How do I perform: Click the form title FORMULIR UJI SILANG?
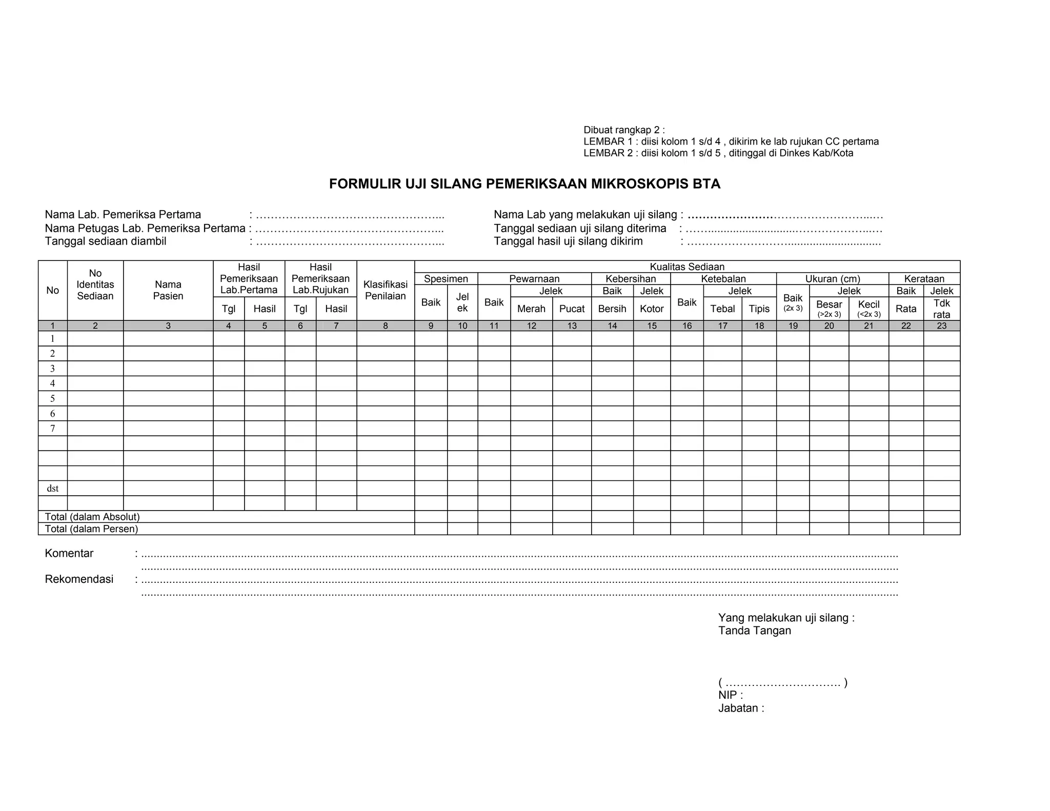(x=524, y=184)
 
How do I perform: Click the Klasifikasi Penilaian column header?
(x=385, y=290)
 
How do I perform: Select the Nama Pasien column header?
(x=168, y=290)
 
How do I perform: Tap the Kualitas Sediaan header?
(x=687, y=267)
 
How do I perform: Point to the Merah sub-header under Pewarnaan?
(x=531, y=309)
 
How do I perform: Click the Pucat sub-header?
(x=572, y=309)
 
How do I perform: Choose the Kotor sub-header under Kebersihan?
(x=652, y=309)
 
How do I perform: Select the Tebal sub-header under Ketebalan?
(x=722, y=309)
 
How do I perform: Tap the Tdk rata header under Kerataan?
(x=942, y=309)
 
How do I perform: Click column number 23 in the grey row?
(x=942, y=326)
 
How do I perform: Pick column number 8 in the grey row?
(x=385, y=326)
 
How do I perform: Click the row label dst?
(x=53, y=489)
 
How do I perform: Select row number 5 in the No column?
(x=52, y=398)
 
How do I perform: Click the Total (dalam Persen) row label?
(x=91, y=529)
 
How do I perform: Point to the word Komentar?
(x=69, y=553)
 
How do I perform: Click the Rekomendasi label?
(x=79, y=579)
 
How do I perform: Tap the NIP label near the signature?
(x=730, y=695)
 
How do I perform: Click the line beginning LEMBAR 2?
(x=718, y=153)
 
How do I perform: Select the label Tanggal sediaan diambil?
(x=106, y=241)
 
